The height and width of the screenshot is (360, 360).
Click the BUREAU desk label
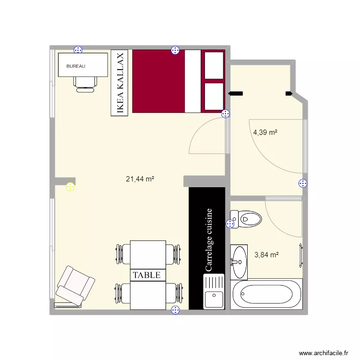click(76, 66)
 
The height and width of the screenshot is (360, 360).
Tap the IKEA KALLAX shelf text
click(120, 83)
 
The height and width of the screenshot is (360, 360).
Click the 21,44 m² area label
click(140, 179)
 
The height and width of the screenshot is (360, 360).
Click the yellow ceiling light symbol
click(70, 187)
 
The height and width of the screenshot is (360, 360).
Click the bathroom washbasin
click(239, 262)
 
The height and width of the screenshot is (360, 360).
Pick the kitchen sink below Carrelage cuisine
click(214, 292)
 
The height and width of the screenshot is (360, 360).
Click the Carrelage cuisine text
click(208, 240)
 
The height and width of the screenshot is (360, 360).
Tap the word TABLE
click(146, 275)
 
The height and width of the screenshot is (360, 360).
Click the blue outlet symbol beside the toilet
click(230, 224)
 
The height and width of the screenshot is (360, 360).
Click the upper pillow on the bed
click(214, 65)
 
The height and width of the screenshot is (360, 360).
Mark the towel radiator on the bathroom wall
click(301, 256)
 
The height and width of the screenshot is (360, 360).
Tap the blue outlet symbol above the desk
click(78, 49)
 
